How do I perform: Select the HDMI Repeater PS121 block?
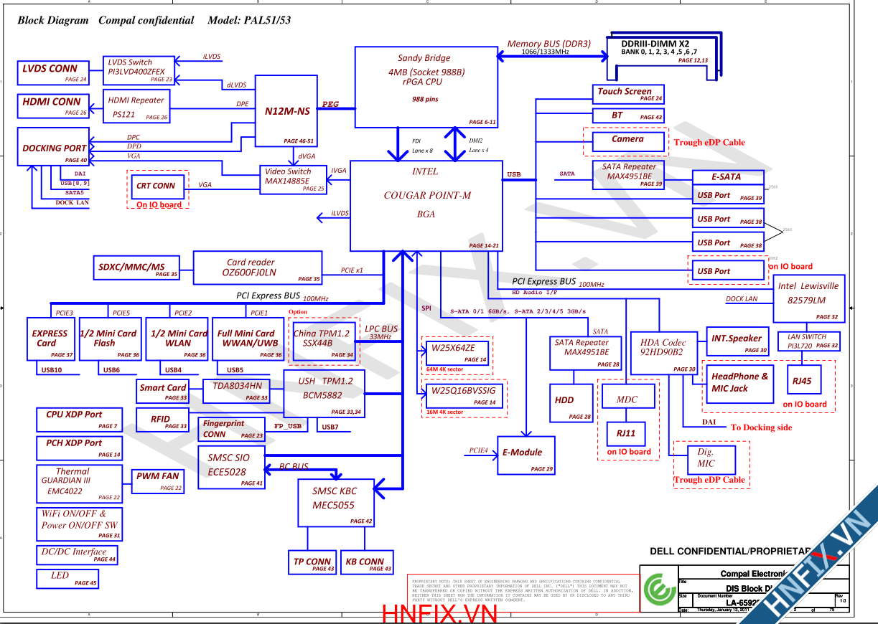[137, 108]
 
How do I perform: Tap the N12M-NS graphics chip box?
[287, 111]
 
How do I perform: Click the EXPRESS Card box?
[50, 339]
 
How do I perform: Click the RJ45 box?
[803, 381]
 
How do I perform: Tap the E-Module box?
[526, 455]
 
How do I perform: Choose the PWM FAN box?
[158, 480]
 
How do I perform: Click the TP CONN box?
[312, 562]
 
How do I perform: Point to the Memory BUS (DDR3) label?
[548, 44]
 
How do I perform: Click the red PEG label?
[330, 105]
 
